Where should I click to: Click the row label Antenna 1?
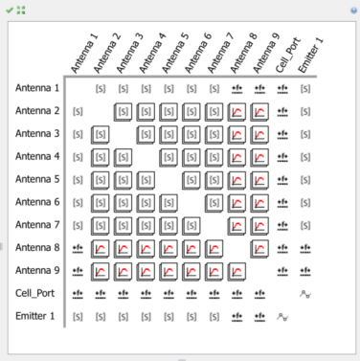click(36, 88)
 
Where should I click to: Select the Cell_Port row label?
click(36, 293)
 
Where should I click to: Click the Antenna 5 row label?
click(36, 179)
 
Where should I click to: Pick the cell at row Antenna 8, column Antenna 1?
click(78, 248)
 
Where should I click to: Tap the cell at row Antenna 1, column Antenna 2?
click(101, 89)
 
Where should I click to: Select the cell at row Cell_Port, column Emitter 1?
click(305, 294)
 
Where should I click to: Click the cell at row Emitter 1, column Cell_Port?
click(282, 316)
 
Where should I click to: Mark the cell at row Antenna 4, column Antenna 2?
click(101, 157)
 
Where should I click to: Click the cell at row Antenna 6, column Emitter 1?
click(305, 203)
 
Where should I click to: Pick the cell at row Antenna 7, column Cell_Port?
click(282, 225)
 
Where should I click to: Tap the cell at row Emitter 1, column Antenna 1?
click(78, 316)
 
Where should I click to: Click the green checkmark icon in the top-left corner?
click(10, 9)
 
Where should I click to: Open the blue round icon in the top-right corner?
click(353, 9)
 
